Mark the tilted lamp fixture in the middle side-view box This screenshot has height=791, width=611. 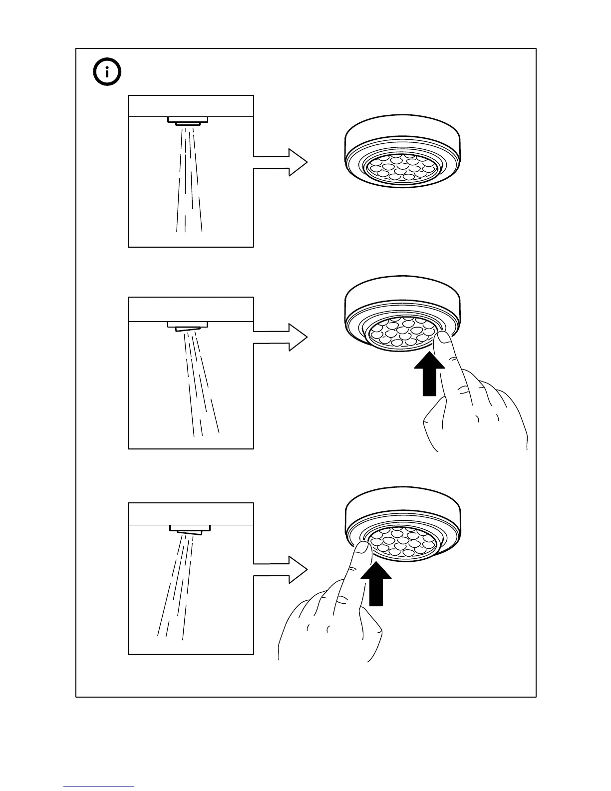click(x=187, y=326)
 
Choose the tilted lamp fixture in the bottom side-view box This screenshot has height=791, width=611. click(x=190, y=529)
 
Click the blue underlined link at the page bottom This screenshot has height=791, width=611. click(x=99, y=787)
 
